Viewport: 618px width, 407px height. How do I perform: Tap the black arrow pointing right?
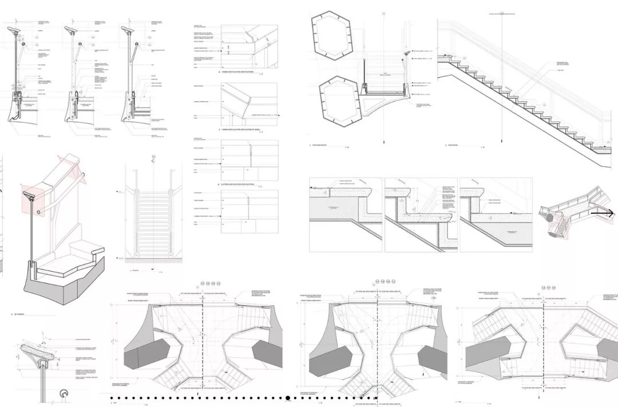(x=603, y=213)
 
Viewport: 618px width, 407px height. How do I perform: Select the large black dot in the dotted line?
(x=288, y=398)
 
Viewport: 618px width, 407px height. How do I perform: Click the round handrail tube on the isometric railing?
(x=40, y=213)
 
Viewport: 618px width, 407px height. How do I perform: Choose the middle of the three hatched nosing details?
(x=420, y=214)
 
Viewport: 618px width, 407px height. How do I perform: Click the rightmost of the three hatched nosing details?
(x=496, y=214)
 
